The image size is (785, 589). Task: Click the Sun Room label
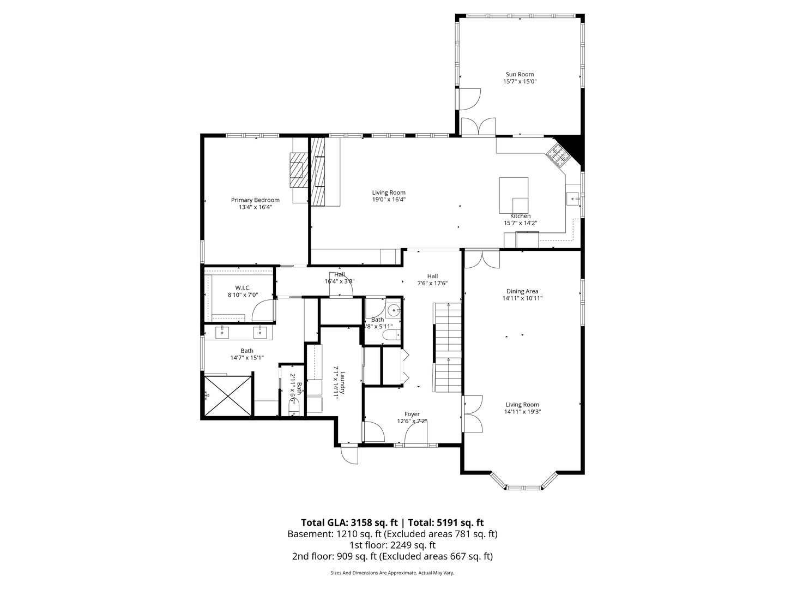tap(519, 74)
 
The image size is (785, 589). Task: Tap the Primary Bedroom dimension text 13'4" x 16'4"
tap(255, 207)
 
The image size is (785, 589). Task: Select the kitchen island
tap(514, 195)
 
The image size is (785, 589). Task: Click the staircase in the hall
tap(447, 347)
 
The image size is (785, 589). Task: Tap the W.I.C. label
tap(243, 287)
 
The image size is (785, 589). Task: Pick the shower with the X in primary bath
tap(228, 395)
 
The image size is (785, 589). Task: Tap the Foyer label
tap(412, 414)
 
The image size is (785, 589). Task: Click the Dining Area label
tap(522, 291)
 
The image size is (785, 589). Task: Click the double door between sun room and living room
tap(478, 127)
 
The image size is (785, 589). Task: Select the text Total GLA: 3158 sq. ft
tap(349, 522)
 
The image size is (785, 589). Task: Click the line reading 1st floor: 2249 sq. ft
tap(392, 545)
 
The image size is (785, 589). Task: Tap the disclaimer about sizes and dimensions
tap(392, 573)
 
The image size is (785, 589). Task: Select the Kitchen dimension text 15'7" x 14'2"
tap(520, 223)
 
